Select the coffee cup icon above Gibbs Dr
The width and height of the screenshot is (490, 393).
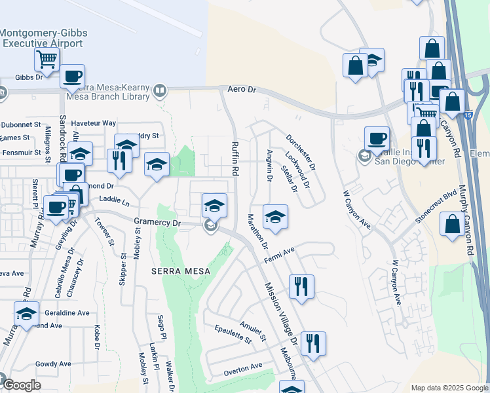72,76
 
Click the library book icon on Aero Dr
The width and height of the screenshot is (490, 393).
160,90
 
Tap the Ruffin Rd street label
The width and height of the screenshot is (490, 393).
235,158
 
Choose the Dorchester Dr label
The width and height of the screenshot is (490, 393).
301,153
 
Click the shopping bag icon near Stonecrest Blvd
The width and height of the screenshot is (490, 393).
452,224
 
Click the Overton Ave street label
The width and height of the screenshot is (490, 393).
243,369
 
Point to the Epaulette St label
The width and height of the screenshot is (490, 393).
233,334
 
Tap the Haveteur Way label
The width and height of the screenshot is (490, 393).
94,123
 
